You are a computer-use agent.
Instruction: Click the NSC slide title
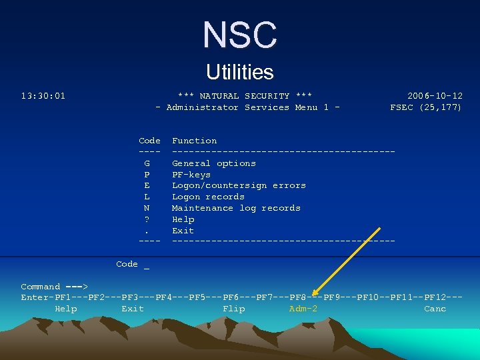tap(240, 35)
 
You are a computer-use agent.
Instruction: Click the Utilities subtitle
tap(240, 72)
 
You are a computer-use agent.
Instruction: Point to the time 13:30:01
tap(43, 96)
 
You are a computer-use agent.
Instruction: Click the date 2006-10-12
tap(435, 96)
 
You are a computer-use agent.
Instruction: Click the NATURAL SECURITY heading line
tap(245, 96)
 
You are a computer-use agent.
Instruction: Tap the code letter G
tap(147, 163)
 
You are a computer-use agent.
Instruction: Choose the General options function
tap(214, 163)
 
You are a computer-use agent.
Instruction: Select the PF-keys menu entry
tap(191, 175)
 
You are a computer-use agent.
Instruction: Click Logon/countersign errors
tap(239, 185)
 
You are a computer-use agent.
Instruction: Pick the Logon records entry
tap(208, 197)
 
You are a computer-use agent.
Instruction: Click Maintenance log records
tap(236, 208)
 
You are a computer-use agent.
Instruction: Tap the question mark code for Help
tap(147, 219)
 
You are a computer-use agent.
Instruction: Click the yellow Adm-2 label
tap(303, 309)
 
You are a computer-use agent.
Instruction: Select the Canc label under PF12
tap(435, 309)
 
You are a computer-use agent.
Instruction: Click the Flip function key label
tap(233, 309)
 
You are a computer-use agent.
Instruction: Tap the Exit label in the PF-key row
tap(133, 309)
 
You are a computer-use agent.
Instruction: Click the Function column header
tap(194, 141)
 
